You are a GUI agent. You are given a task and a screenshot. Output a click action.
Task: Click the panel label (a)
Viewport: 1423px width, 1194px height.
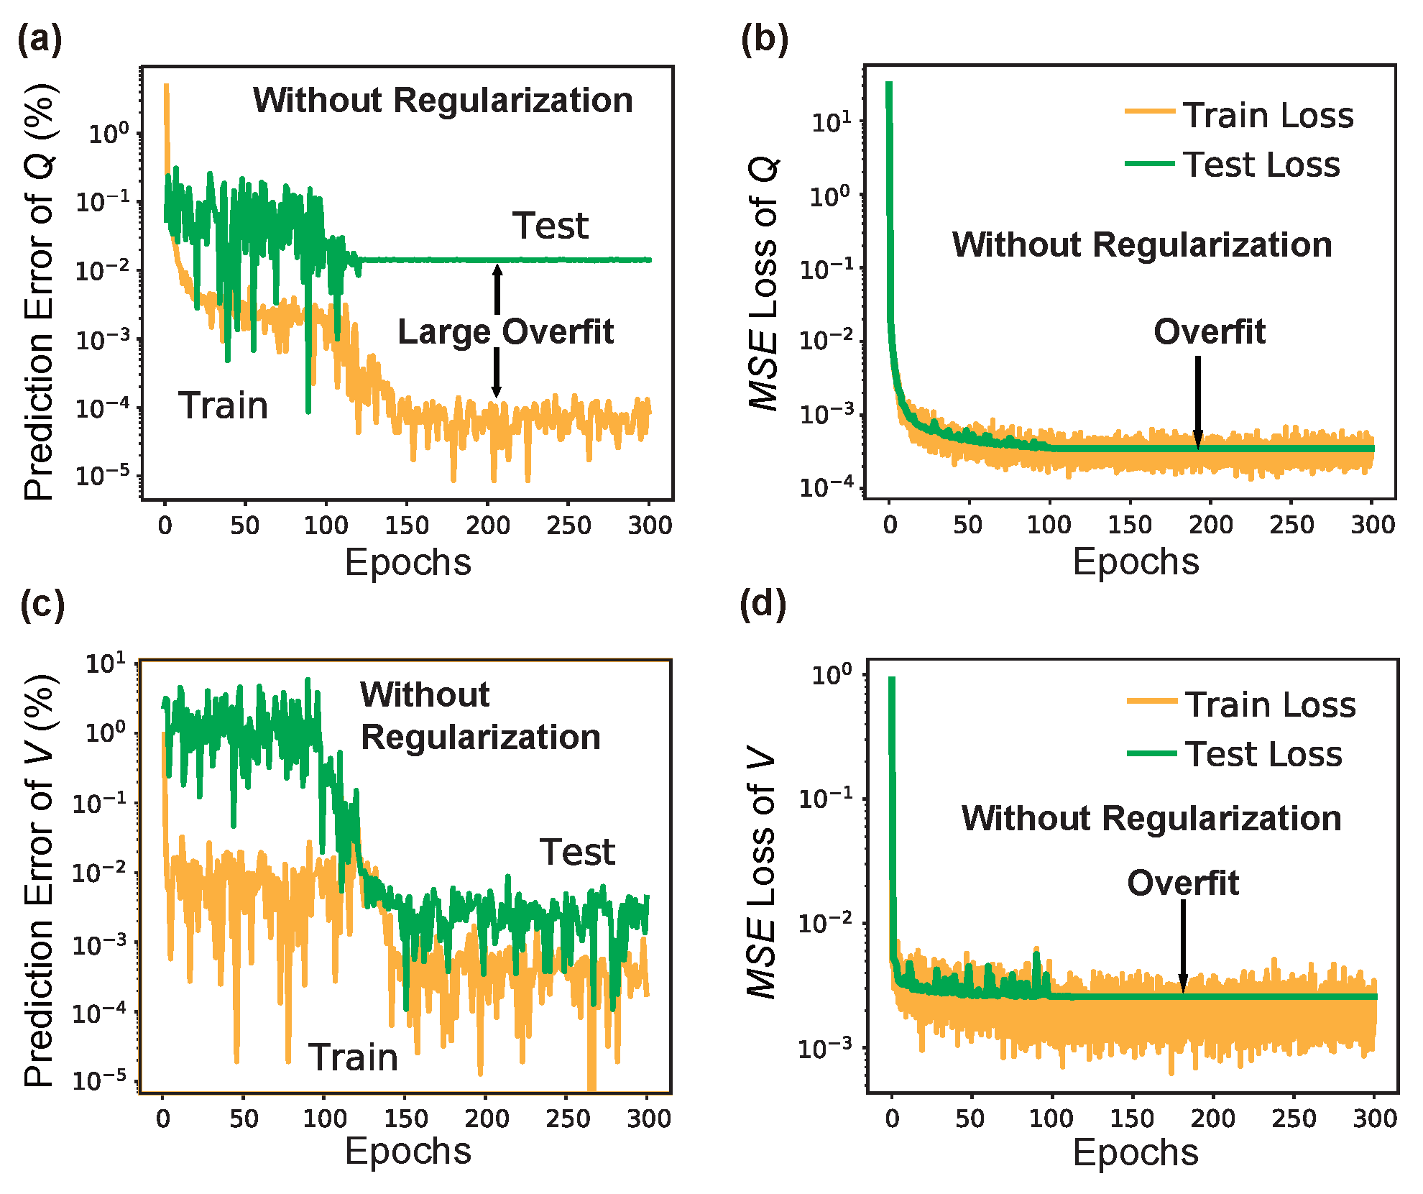tap(40, 40)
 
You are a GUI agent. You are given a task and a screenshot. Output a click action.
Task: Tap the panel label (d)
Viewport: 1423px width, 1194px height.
tap(763, 604)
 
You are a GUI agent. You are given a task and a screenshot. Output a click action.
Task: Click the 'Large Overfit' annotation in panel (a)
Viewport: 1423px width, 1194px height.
tap(505, 332)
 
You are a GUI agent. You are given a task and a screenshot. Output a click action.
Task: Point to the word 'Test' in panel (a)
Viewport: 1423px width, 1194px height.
tap(551, 226)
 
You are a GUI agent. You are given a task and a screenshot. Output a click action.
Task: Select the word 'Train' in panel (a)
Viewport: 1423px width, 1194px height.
tap(224, 405)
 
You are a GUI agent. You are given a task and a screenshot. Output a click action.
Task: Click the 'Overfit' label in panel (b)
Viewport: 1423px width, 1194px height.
tap(1210, 332)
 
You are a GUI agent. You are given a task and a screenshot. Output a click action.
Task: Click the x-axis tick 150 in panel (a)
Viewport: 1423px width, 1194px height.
tap(407, 525)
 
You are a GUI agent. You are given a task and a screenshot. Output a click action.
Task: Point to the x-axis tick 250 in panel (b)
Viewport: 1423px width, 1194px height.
tap(1291, 525)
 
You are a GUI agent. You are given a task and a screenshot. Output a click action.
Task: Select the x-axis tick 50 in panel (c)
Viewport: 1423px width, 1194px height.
tap(244, 1119)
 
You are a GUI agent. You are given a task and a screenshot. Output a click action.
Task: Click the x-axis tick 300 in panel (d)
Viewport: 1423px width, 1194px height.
tap(1374, 1119)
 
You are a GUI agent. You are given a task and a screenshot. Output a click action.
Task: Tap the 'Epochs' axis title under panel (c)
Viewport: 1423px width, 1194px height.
tap(407, 1151)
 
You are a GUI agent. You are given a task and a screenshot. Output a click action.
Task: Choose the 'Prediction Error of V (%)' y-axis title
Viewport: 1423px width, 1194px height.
tap(40, 881)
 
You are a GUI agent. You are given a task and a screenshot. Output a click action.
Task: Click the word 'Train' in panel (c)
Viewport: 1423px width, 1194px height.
tap(353, 1057)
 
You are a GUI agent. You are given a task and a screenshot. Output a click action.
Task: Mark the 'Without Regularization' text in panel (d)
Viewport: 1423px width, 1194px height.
tap(1151, 818)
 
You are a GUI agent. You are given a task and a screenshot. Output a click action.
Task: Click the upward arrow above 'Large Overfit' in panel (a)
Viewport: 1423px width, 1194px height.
tap(497, 288)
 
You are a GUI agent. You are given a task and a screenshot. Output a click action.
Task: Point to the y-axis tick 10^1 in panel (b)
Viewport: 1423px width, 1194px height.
tap(832, 121)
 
